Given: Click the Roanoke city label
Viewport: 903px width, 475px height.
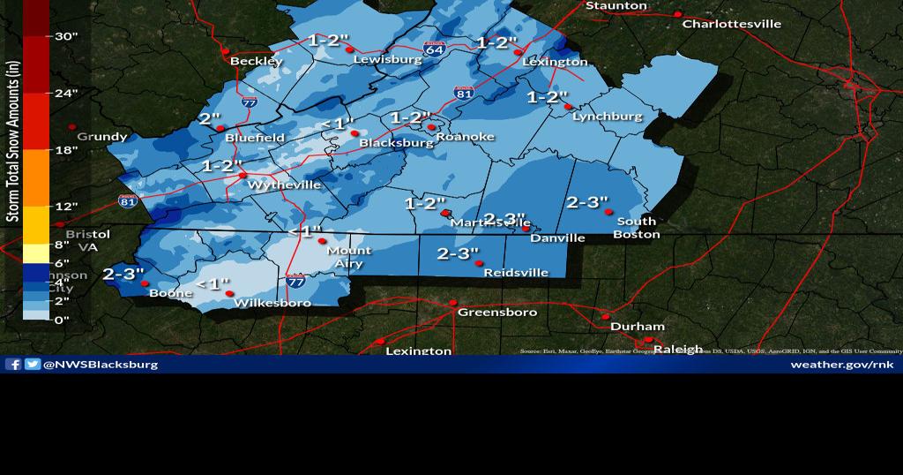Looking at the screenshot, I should [465, 137].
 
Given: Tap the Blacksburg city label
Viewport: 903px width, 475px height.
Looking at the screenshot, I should [398, 143].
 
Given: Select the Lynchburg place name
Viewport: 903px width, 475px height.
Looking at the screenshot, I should [607, 117].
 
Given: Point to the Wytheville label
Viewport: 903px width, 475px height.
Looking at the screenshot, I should [284, 185].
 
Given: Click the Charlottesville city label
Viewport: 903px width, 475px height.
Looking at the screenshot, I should [732, 24].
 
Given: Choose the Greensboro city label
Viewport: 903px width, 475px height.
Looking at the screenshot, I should [496, 313].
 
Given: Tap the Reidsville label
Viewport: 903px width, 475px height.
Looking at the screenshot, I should [516, 273].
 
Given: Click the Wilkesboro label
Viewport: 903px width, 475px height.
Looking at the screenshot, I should [272, 303].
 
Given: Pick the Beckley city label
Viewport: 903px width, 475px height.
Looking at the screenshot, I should [256, 61].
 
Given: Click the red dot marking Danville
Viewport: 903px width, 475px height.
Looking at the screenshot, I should [526, 230].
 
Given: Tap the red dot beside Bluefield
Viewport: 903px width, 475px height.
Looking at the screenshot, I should [220, 128].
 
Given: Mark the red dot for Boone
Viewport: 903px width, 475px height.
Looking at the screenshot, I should [145, 283].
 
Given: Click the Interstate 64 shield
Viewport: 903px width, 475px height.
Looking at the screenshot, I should [434, 49].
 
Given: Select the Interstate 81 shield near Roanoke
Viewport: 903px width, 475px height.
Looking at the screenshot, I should [462, 91].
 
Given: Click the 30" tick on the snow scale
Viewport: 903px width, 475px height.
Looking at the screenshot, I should [67, 36].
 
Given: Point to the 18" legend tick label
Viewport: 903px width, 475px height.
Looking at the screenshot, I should [67, 150].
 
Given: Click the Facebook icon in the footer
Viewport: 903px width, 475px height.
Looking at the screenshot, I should [13, 364].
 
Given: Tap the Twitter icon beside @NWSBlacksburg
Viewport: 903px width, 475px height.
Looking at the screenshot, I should [33, 364].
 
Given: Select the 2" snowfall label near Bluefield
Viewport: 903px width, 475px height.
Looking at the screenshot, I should [210, 118].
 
